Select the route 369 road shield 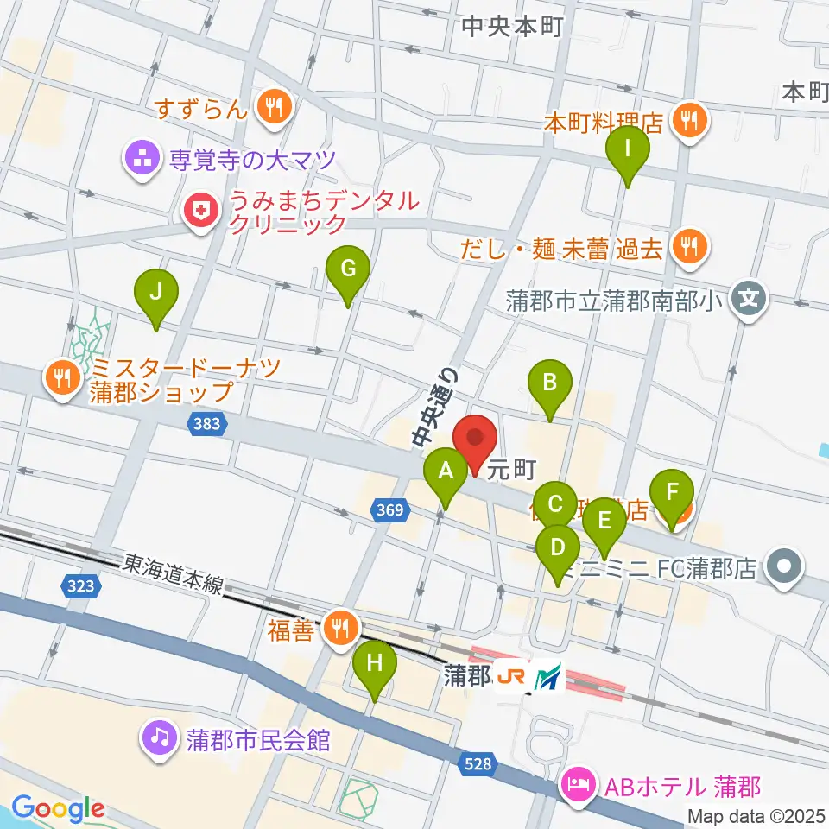coord(390,511)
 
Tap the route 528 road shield coord(481,763)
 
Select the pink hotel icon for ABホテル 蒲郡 coord(576,787)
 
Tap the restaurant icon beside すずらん coord(275,108)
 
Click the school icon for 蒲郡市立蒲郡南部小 coord(749,301)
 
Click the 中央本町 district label coord(512,27)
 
